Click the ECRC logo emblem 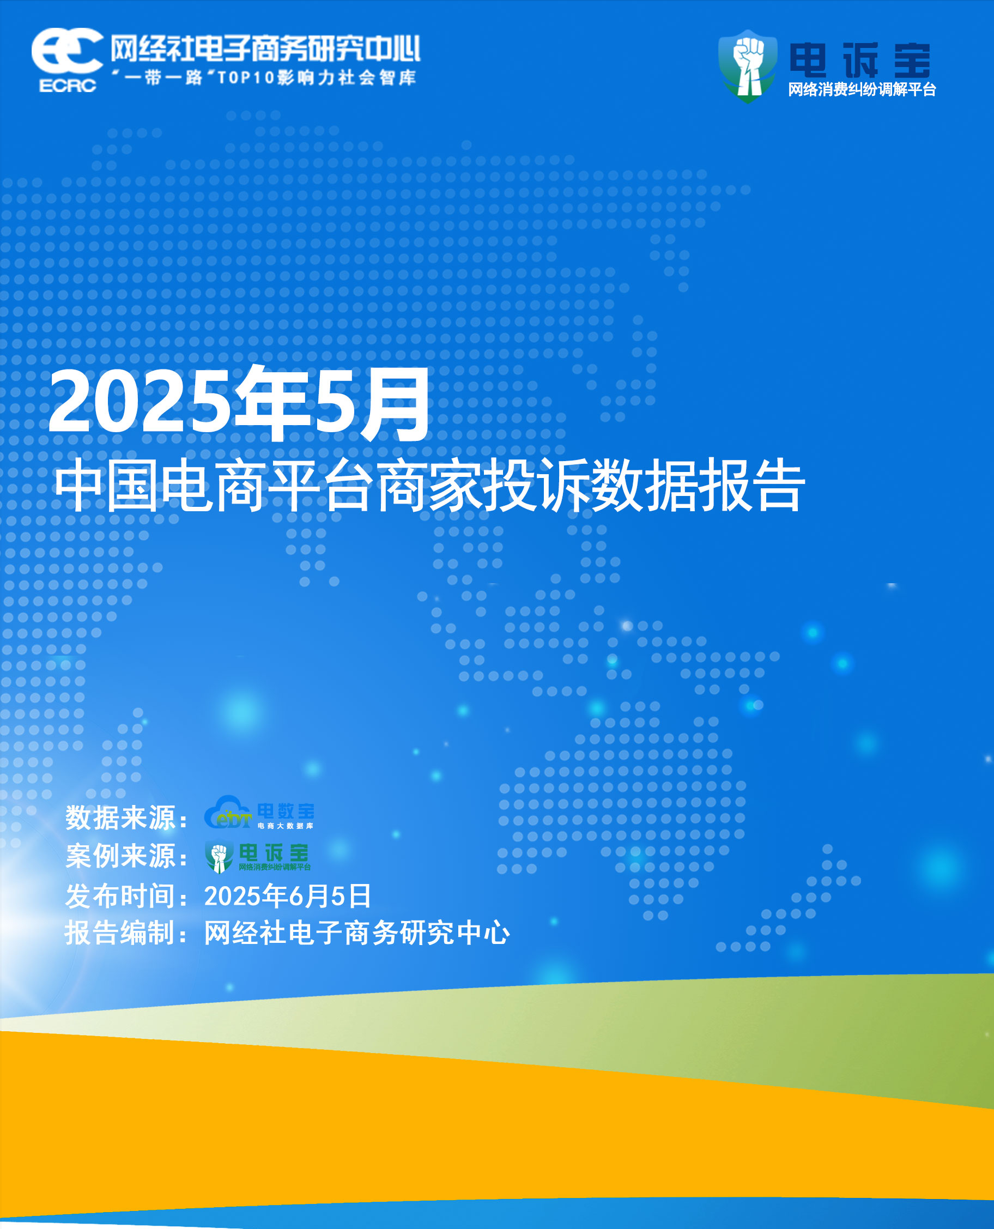[67, 59]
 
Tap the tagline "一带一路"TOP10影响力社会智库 [263, 77]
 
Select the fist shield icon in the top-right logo [748, 66]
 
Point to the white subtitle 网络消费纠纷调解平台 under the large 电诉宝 [862, 89]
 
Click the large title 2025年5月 [239, 403]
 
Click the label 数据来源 [120, 817]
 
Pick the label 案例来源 [120, 856]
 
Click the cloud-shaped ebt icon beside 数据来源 [228, 812]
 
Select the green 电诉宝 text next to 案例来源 [274, 853]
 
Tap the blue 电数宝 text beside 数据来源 [286, 811]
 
